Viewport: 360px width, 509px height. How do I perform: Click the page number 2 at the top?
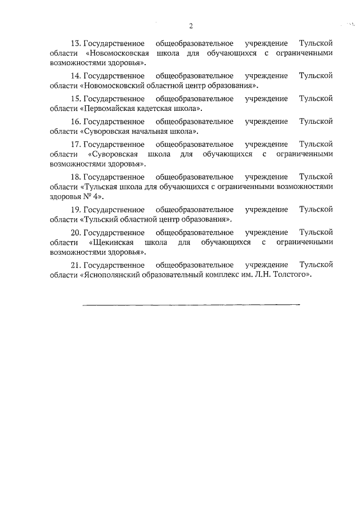[x=191, y=26]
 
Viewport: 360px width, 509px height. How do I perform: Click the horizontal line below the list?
[x=191, y=304]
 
